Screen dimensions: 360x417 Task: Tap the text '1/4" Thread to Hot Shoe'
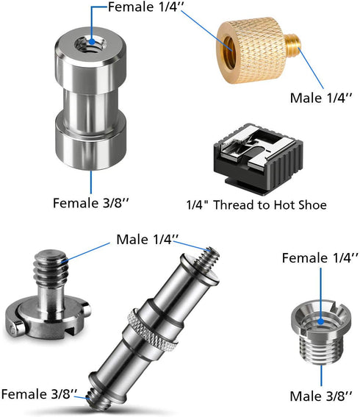tap(256, 205)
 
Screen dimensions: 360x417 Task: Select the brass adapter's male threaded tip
tap(293, 43)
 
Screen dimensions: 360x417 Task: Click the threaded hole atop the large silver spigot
tap(90, 44)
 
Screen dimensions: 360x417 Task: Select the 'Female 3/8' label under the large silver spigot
tap(90, 203)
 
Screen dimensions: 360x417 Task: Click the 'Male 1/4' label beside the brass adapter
tap(321, 98)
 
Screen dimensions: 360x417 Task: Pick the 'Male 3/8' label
tap(321, 396)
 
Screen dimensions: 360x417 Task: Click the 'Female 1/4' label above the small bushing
tap(320, 258)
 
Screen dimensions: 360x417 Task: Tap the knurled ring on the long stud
tap(153, 329)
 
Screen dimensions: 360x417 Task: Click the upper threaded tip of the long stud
tap(209, 257)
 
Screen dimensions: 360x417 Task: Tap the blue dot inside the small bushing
tap(321, 321)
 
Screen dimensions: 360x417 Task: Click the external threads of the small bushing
tap(321, 349)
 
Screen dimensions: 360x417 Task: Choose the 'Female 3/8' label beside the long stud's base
tap(40, 394)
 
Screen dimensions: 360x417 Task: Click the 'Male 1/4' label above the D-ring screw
tap(148, 240)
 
